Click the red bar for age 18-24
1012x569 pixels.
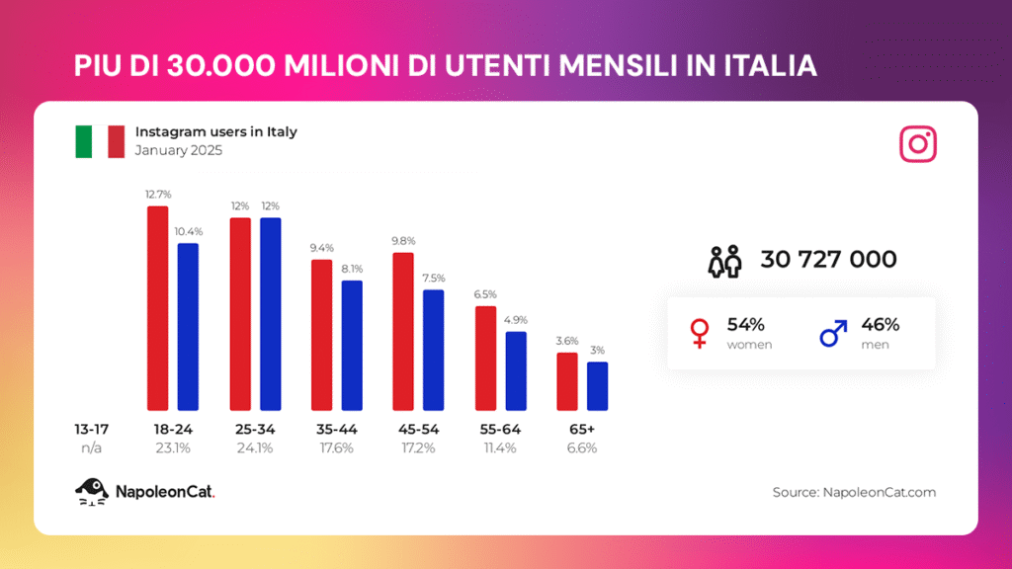coord(158,308)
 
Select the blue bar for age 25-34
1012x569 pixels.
coord(270,314)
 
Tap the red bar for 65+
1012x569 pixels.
coord(567,381)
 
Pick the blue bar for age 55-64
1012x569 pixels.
coord(516,370)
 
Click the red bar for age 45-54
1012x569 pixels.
coord(403,331)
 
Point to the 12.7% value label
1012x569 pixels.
coord(157,195)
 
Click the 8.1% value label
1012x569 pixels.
coord(352,268)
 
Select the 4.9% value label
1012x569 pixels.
coord(516,319)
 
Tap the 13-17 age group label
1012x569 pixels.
coord(91,430)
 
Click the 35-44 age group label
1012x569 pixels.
coord(337,430)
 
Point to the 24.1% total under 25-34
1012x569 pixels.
coord(255,447)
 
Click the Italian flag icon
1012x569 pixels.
coord(99,141)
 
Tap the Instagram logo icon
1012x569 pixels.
coord(918,144)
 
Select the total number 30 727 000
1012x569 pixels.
coord(828,260)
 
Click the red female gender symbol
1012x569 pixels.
coord(699,333)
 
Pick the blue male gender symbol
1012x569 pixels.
coord(833,333)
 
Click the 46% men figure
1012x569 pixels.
coord(880,325)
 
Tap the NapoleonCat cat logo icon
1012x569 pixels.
coord(91,491)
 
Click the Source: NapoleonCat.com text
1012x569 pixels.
coord(854,492)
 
